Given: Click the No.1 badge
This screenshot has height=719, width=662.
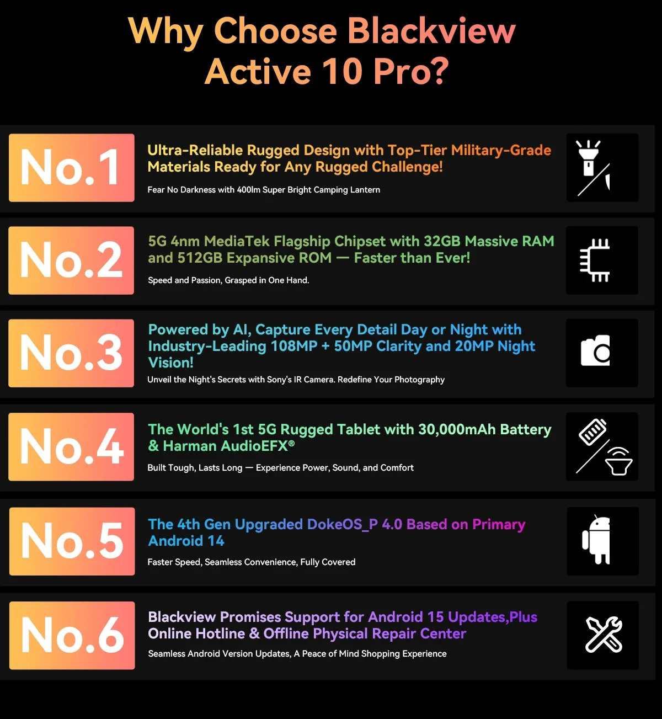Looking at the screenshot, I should point(71,167).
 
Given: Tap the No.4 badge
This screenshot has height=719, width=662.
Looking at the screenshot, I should point(71,446).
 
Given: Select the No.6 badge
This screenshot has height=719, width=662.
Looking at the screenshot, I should point(72,635).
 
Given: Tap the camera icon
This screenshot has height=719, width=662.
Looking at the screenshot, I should point(596,351).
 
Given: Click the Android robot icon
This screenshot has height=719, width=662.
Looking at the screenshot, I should point(596,540).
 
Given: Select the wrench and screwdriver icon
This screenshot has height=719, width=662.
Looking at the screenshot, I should point(603,635).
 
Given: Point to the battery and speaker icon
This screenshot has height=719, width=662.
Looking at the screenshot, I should point(603,446).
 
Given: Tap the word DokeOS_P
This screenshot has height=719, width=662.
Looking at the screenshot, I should point(342,524).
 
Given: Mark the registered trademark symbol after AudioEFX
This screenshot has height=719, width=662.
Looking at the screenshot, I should point(291,443).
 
